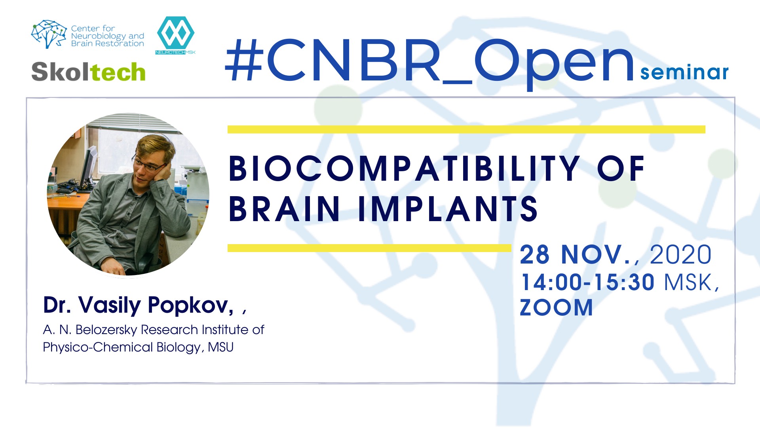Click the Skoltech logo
pos(88,72)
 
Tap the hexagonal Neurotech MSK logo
pos(175,35)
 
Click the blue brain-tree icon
pos(49,34)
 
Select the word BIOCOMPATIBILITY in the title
pos(404,169)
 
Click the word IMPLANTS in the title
pos(447,208)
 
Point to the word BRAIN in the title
pos(284,208)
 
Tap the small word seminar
pos(684,73)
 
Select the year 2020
pos(680,254)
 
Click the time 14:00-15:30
pos(587,282)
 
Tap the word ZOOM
pos(556,308)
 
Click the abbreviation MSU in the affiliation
pos(221,347)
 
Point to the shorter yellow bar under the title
pos(369,248)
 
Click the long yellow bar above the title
pos(466,130)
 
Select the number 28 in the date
pos(534,254)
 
